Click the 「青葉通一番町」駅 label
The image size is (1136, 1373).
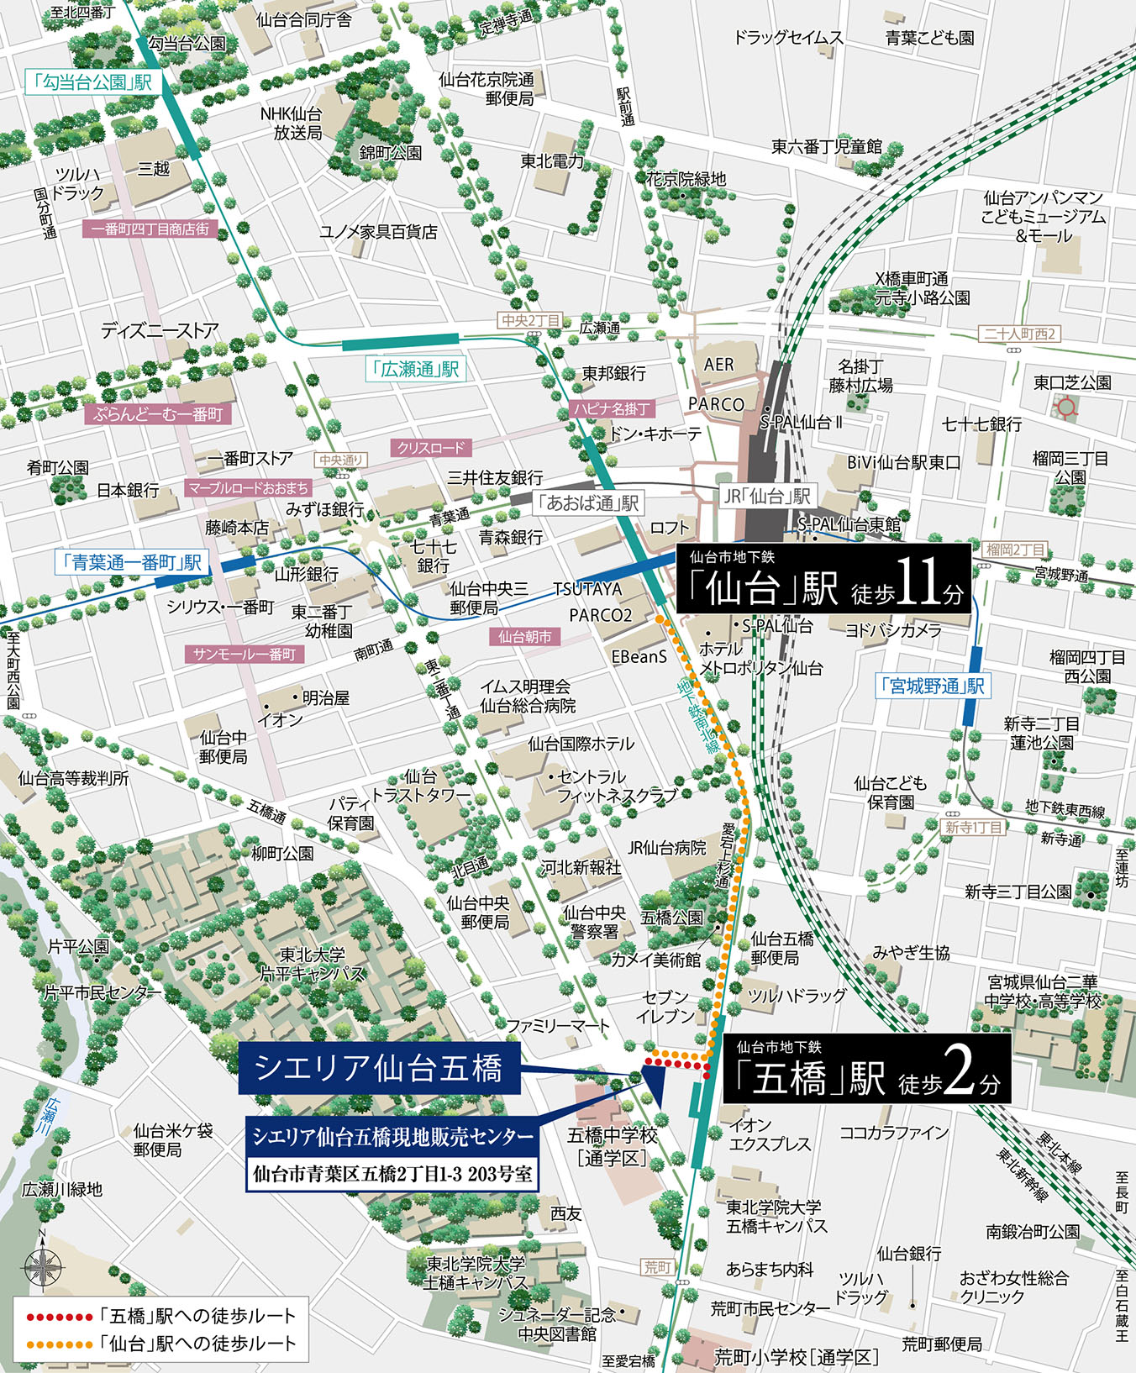131,562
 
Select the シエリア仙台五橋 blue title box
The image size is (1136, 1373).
379,1069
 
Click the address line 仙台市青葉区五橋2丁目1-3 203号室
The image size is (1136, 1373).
392,1174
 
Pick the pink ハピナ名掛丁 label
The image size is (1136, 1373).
612,408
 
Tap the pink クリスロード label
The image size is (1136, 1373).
430,448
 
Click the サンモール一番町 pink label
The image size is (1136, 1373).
245,654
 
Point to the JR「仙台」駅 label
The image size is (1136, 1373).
767,496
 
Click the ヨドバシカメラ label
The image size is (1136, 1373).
893,629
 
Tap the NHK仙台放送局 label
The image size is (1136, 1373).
291,124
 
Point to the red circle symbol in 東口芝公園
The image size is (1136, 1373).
1066,408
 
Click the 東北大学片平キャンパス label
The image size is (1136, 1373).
313,964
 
